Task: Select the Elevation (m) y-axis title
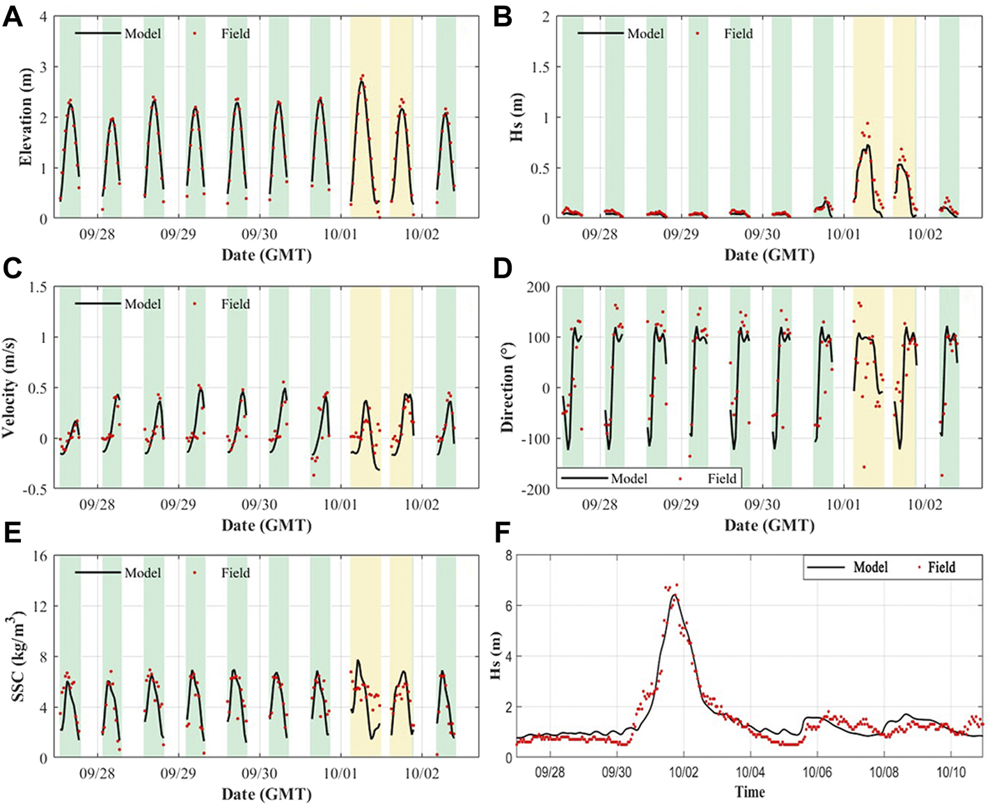[26, 117]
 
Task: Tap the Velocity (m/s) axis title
[10, 388]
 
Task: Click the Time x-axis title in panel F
[749, 792]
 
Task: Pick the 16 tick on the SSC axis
[40, 556]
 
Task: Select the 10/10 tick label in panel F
[950, 773]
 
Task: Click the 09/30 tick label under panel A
[260, 234]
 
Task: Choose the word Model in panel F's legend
[870, 568]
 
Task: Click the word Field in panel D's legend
[722, 479]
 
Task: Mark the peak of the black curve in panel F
[673, 594]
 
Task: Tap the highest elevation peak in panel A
[361, 81]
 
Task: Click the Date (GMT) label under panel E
[266, 794]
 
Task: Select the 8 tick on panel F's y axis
[509, 556]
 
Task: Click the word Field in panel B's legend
[738, 33]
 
